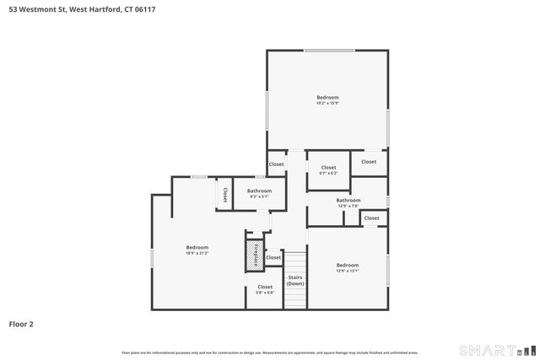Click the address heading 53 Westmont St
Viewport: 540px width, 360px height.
[x=77, y=9]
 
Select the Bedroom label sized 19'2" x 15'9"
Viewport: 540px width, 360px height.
[x=327, y=100]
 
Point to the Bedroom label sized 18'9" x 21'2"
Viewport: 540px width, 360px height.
[x=197, y=250]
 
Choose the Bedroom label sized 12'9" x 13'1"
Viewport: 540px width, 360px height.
[x=348, y=267]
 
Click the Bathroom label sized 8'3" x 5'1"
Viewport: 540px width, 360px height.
[x=259, y=193]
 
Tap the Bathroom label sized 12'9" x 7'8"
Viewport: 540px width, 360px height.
[x=348, y=202]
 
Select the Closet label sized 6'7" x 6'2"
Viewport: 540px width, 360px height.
[x=328, y=169]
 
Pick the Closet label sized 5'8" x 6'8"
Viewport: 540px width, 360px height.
[x=265, y=289]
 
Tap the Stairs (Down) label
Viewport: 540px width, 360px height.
[x=294, y=280]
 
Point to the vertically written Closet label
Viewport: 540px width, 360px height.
[x=225, y=195]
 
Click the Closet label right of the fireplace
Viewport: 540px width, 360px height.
[x=273, y=257]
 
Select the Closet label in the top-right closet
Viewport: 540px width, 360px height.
[x=369, y=162]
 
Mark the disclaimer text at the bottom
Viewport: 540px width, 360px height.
[x=269, y=352]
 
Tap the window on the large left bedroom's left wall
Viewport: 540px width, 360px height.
[x=152, y=257]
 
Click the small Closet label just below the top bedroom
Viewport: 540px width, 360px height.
[x=276, y=164]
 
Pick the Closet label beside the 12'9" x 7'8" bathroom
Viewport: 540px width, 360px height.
[x=371, y=218]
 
